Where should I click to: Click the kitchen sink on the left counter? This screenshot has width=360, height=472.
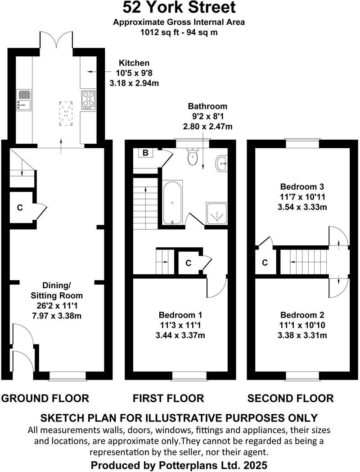[23, 100]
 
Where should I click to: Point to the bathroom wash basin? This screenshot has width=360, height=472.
[221, 163]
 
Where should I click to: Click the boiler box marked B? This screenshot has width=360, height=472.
[145, 153]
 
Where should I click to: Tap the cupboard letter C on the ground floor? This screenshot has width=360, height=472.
[19, 208]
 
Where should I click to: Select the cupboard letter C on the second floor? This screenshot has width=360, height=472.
[265, 262]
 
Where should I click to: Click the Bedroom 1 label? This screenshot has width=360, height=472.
[180, 315]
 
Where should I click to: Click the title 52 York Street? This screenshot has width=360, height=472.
[179, 8]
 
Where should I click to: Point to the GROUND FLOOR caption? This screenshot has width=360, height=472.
[45, 398]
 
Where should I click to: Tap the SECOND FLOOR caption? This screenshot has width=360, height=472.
[290, 398]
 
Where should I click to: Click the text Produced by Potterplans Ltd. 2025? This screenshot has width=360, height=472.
[180, 464]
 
